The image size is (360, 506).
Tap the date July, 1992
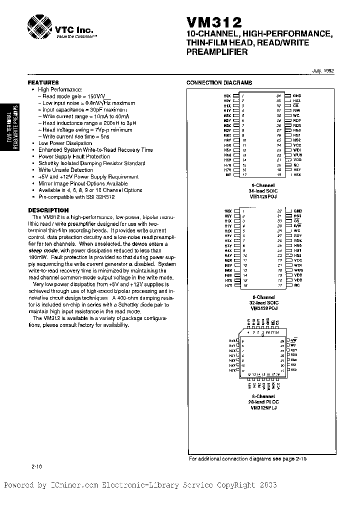[x=323, y=71]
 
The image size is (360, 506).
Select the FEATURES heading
[x=43, y=82]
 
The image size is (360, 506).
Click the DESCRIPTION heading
[x=48, y=210]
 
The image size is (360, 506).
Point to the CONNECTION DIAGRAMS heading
[x=219, y=83]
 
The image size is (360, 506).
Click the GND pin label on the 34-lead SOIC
[x=297, y=95]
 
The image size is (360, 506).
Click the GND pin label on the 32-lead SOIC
[x=297, y=211]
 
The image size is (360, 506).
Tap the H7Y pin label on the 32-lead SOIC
[x=228, y=285]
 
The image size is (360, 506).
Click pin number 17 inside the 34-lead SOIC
[x=243, y=175]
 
